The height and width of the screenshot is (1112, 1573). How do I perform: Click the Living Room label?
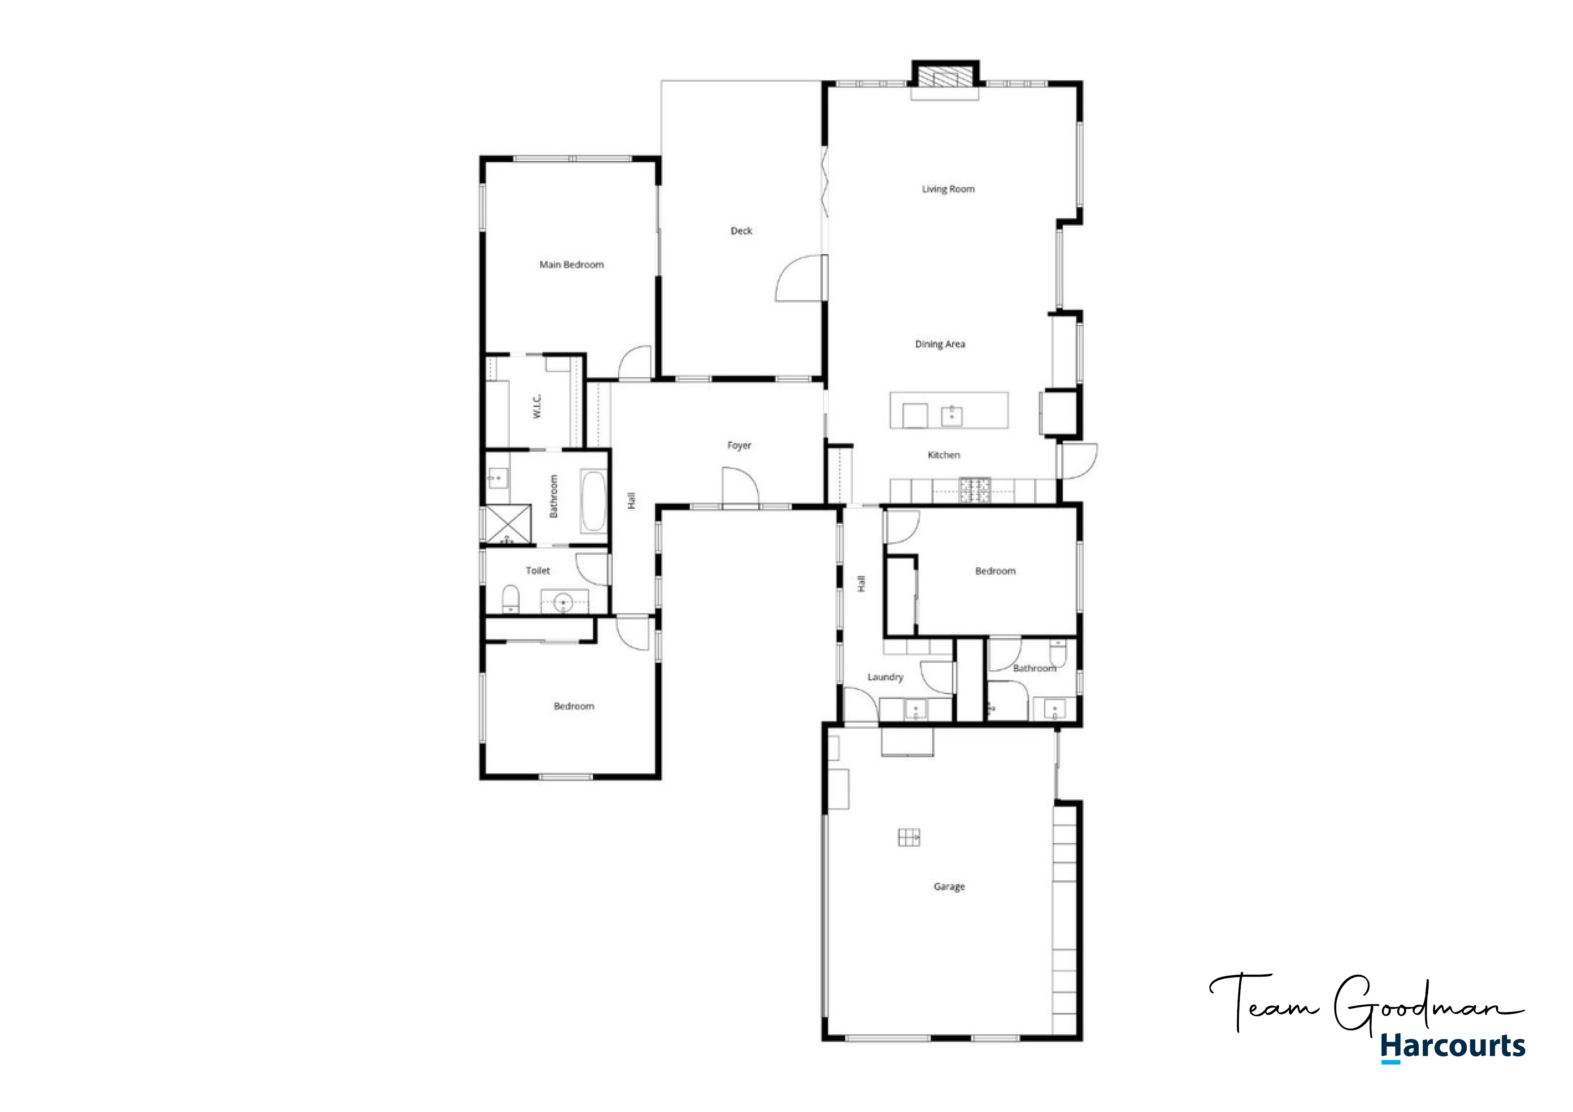[x=948, y=189]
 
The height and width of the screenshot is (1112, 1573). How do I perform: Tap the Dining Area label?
[x=940, y=344]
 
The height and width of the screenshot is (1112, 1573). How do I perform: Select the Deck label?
[x=741, y=231]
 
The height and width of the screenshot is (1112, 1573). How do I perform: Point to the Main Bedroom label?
[x=571, y=265]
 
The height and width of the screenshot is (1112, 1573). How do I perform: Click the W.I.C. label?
[x=537, y=406]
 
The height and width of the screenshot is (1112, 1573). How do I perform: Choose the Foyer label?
[x=739, y=445]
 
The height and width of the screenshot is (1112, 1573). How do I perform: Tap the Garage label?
[x=949, y=886]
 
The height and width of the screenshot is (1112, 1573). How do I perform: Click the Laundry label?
[x=885, y=677]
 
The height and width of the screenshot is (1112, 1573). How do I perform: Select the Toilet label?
[x=538, y=570]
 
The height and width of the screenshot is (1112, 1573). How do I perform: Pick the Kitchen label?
[x=944, y=455]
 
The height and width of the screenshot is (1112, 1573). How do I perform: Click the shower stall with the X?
[x=508, y=525]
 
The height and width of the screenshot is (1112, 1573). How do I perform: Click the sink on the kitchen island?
[x=952, y=415]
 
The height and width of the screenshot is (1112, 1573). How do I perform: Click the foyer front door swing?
[x=741, y=486]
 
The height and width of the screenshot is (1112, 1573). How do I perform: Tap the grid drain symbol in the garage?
[x=909, y=837]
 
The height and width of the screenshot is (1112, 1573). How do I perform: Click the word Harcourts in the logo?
[x=1453, y=1046]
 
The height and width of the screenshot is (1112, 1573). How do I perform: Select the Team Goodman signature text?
[x=1367, y=1003]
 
